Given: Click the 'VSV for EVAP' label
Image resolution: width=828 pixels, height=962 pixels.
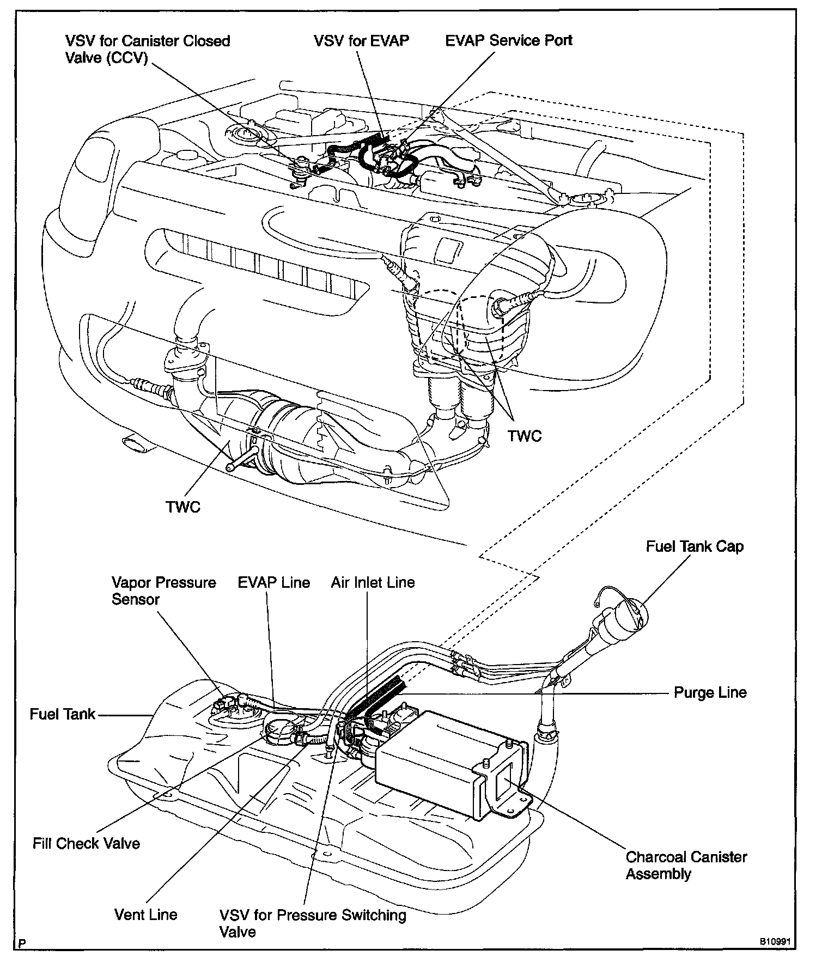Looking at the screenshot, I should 361,41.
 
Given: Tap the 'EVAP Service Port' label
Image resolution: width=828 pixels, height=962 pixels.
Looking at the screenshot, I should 509,41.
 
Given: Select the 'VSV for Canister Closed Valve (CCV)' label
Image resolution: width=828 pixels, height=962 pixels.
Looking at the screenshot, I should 147,49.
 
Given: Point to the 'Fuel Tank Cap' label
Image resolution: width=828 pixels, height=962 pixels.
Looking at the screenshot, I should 695,546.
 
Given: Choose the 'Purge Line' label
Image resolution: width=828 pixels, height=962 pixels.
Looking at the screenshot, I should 710,692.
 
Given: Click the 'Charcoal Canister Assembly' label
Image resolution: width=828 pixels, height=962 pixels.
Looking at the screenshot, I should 686,865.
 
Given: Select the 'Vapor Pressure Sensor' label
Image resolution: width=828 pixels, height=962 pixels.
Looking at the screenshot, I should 163,590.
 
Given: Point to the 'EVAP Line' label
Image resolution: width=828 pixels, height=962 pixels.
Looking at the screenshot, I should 273,582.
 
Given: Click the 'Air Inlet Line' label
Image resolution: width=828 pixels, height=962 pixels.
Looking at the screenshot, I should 373,582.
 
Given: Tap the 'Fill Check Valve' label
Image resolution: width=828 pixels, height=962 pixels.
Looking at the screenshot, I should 86,843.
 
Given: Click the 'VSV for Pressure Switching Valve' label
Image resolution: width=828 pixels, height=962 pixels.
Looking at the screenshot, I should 312,923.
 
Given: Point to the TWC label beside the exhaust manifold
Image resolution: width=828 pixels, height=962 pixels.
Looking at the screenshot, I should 525,436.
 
